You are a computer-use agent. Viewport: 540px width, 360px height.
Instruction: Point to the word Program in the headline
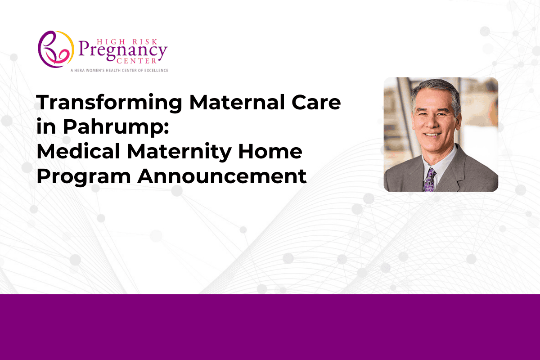(83, 176)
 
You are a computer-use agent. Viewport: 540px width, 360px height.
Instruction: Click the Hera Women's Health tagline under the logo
(119, 71)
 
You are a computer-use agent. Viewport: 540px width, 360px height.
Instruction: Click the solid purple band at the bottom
(270, 327)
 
